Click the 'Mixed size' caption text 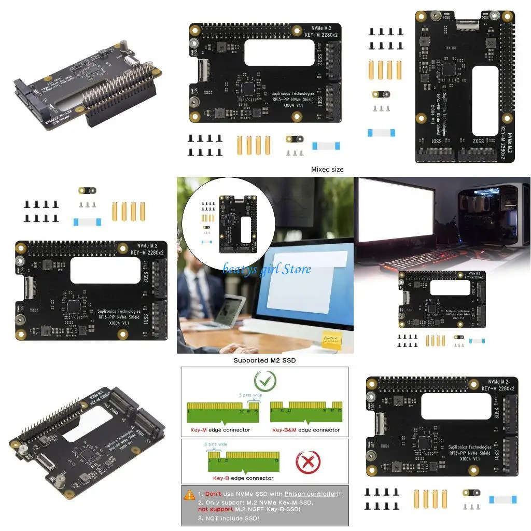pyautogui.click(x=327, y=169)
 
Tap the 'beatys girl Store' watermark pyautogui.click(x=267, y=269)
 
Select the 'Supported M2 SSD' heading pyautogui.click(x=264, y=360)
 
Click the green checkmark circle pyautogui.click(x=265, y=382)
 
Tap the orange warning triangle pyautogui.click(x=189, y=494)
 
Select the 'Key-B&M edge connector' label pyautogui.click(x=306, y=430)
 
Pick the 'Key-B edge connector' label pyautogui.click(x=243, y=478)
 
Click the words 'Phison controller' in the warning pyautogui.click(x=306, y=494)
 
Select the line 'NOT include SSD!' pyautogui.click(x=229, y=518)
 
